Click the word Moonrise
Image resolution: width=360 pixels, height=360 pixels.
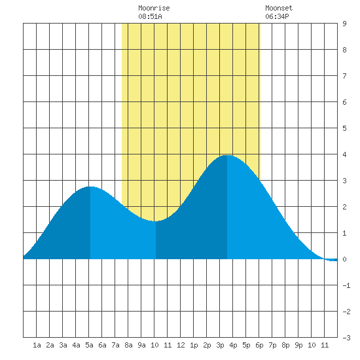[x=154, y=8]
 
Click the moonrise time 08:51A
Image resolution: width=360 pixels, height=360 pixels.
[x=150, y=16]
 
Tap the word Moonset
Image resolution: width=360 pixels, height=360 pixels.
[x=279, y=8]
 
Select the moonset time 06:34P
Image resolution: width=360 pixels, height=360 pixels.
[x=277, y=16]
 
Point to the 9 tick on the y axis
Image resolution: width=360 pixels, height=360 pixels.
[x=344, y=24]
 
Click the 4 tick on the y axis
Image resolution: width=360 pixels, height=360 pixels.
[x=344, y=154]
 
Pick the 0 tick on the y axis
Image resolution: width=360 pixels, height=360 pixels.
[x=344, y=259]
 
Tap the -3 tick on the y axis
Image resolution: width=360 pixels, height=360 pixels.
[x=346, y=338]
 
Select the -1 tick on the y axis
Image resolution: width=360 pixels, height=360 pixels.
[x=346, y=285]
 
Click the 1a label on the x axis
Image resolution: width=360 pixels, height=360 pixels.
[x=37, y=345]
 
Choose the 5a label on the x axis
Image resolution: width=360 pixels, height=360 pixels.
[x=89, y=345]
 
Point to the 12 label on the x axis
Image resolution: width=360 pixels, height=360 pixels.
[x=181, y=345]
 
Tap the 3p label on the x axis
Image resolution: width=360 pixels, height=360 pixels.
[x=220, y=345]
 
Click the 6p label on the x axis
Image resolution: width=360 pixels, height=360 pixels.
[x=259, y=345]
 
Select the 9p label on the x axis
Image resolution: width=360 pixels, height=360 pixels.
[x=298, y=345]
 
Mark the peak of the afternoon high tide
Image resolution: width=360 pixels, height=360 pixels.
[x=227, y=155]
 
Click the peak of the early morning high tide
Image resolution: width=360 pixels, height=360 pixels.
[x=90, y=187]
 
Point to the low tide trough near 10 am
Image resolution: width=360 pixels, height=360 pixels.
[x=156, y=221]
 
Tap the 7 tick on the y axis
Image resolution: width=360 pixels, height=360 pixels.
[x=344, y=76]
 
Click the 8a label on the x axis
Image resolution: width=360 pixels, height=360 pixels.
[x=128, y=345]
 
